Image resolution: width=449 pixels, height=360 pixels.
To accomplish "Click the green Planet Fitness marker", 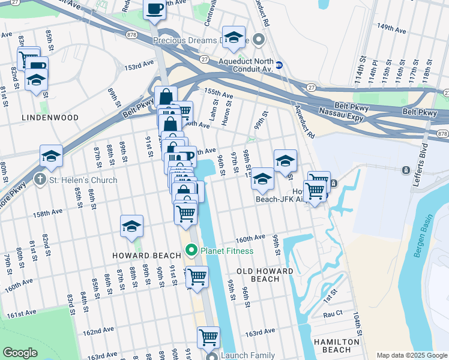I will click(192, 250).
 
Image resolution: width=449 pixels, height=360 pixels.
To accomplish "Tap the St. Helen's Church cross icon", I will click(40, 179).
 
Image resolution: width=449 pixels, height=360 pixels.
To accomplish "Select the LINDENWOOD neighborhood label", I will click(50, 118).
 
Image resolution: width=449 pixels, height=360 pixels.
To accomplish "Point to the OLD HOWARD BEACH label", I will click(265, 275).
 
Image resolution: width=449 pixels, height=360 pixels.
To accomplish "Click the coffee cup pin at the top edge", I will click(154, 10).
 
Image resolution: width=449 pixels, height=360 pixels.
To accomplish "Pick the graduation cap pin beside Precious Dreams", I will click(234, 37).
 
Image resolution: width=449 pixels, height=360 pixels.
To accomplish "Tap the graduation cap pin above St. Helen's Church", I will click(52, 156).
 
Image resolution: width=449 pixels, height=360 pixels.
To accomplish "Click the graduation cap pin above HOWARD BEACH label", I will click(131, 226).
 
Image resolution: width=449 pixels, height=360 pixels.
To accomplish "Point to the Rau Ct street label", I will click(333, 313).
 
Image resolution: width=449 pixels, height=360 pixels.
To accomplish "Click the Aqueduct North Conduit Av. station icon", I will click(279, 64).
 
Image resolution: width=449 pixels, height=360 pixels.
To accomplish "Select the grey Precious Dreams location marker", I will click(259, 41).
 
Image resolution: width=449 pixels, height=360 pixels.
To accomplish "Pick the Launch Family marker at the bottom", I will click(211, 356).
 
